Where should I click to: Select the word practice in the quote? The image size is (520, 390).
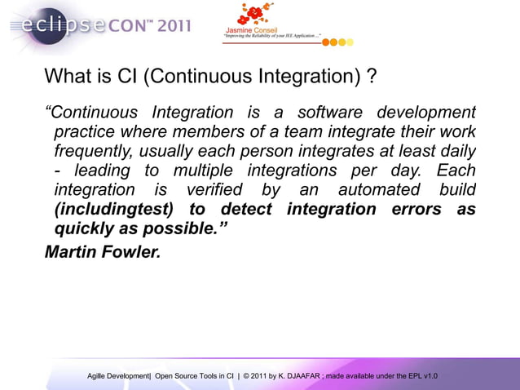tap(84, 132)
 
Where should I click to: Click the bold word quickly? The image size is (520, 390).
tap(84, 230)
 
